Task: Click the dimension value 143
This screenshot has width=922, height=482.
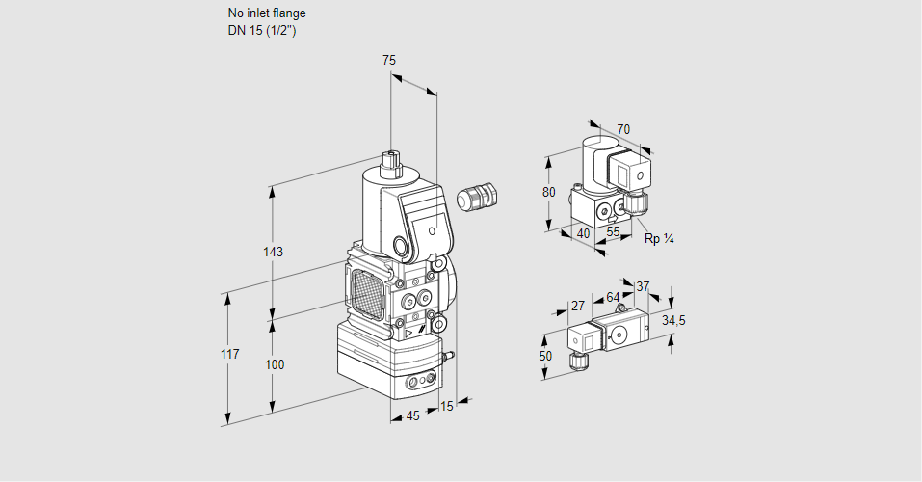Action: tap(273, 253)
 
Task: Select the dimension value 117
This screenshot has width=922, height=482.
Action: tap(229, 355)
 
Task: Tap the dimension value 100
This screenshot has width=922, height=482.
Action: tap(275, 364)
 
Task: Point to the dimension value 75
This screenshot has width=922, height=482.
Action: tap(389, 61)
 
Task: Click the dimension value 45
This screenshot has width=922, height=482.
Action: tap(412, 415)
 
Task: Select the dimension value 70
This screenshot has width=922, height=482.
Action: tap(623, 129)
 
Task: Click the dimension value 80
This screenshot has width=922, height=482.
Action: tap(549, 192)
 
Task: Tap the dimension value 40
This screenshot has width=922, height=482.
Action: tap(583, 232)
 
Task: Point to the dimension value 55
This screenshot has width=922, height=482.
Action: tap(614, 232)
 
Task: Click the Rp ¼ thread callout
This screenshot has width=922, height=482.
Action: tap(658, 238)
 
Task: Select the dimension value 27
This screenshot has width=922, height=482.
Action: tap(578, 306)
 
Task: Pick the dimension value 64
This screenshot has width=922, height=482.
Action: tap(613, 297)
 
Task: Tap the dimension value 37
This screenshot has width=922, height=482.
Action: tap(644, 286)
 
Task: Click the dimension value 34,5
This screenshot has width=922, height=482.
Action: tap(672, 320)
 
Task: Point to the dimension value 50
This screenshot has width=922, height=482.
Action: tap(545, 356)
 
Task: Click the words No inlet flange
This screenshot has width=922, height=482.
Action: tap(267, 13)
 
